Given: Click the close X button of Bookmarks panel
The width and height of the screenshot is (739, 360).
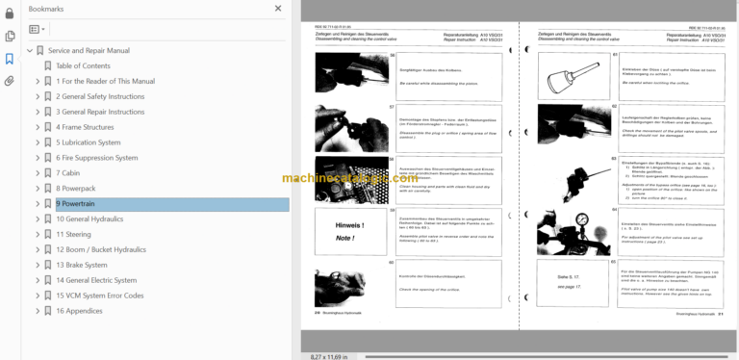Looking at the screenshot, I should click(278, 9).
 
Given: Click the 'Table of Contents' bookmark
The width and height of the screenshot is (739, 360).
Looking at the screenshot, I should click(83, 65).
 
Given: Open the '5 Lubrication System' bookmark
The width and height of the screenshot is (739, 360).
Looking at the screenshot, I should click(88, 142).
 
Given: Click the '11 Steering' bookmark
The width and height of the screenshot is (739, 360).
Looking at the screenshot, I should click(73, 234).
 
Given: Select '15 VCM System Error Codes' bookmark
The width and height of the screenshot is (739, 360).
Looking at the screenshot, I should click(99, 296).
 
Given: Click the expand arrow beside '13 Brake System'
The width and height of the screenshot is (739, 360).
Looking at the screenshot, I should click(38, 265).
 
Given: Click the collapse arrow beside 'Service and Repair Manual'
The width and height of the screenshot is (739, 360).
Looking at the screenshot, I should click(28, 50).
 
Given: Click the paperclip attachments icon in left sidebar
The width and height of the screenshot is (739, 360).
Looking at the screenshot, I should click(10, 81).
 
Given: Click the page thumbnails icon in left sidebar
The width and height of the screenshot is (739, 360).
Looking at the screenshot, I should click(10, 36).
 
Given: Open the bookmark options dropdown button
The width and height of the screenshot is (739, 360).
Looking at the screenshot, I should click(38, 31).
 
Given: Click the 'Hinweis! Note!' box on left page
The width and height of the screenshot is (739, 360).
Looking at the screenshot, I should click(350, 231).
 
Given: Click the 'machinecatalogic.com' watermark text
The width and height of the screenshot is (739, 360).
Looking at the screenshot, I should click(349, 178).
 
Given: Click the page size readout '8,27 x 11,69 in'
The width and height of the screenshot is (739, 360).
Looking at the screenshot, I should click(329, 355).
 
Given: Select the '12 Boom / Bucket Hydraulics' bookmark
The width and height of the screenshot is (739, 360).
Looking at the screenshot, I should click(101, 249).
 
